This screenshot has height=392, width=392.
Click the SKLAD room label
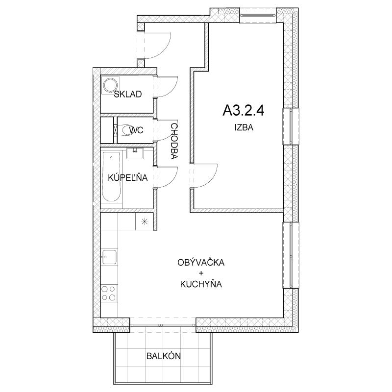click(128, 94)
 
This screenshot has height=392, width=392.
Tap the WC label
click(136, 130)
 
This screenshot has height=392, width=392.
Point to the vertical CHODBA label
click(174, 141)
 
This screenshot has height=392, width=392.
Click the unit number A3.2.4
click(243, 110)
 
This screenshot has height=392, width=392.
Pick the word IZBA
click(244, 127)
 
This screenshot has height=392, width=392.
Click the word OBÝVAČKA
click(201, 262)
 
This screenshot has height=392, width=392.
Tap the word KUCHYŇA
click(201, 284)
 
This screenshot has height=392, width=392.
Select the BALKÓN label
click(164, 356)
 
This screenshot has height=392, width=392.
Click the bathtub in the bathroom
click(112, 176)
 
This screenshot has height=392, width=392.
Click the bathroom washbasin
click(135, 153)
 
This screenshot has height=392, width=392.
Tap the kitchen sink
click(109, 257)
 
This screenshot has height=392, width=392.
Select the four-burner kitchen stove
click(109, 293)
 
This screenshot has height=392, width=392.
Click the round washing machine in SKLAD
click(110, 85)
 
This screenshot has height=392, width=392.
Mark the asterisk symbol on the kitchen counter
click(145, 221)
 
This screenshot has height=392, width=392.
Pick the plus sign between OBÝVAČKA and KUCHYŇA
click(201, 273)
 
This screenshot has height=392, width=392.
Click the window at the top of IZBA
click(258, 16)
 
